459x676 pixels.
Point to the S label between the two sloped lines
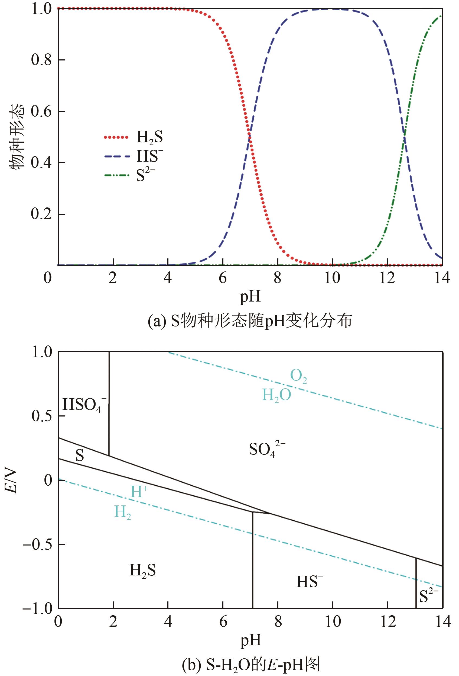coord(80,456)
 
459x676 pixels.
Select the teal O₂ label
coord(299,377)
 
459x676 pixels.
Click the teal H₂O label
coord(276,396)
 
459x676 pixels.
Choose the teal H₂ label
coord(122,512)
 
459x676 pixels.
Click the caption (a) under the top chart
coord(250,321)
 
